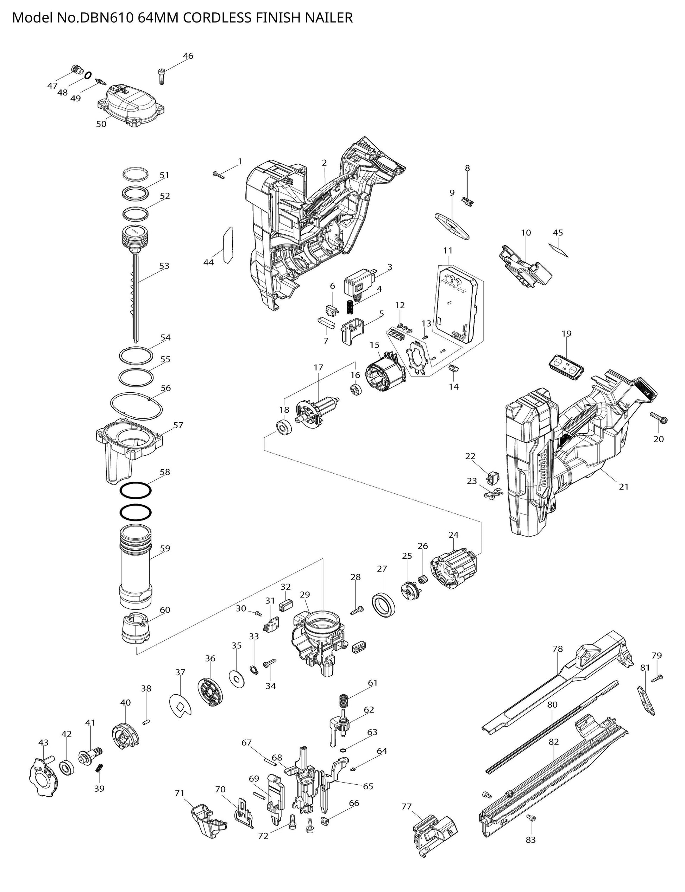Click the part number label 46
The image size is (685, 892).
pyautogui.click(x=188, y=56)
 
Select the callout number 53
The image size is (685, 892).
pyautogui.click(x=164, y=266)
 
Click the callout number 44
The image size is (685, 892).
pyautogui.click(x=208, y=262)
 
